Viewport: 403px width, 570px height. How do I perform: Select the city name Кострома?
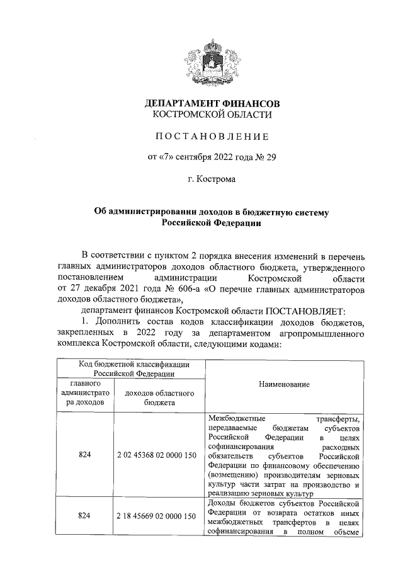tap(215, 180)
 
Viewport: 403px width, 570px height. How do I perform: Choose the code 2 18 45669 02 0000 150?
tap(159, 516)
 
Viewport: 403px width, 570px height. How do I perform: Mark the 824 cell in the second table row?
tap(85, 516)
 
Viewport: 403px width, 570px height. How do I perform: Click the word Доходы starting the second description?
tap(221, 503)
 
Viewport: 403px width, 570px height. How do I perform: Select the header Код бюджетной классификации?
tap(130, 364)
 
